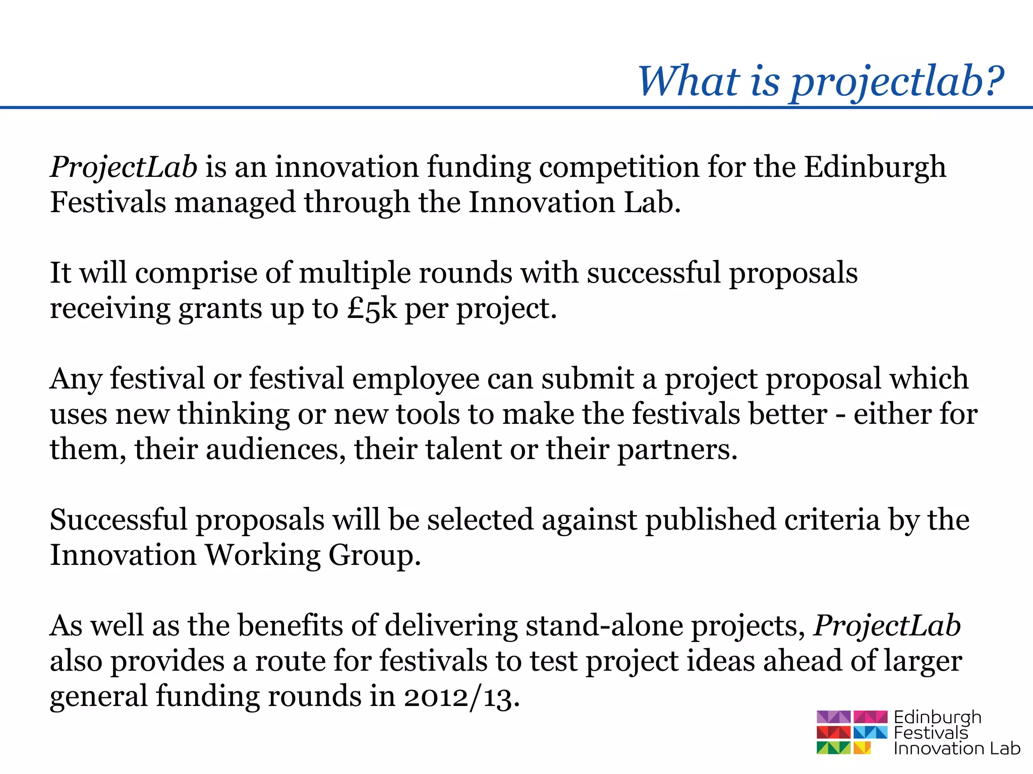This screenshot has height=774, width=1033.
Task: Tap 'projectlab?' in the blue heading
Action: point(897,83)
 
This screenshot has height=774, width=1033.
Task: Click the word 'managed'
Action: point(235,203)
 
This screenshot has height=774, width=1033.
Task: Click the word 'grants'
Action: point(220,309)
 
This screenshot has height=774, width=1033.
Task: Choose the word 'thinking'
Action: point(233,415)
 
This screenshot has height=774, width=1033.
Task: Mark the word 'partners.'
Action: point(677,450)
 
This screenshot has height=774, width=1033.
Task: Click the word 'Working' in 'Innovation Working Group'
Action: point(262,556)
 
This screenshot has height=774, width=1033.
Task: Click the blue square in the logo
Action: point(870,732)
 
